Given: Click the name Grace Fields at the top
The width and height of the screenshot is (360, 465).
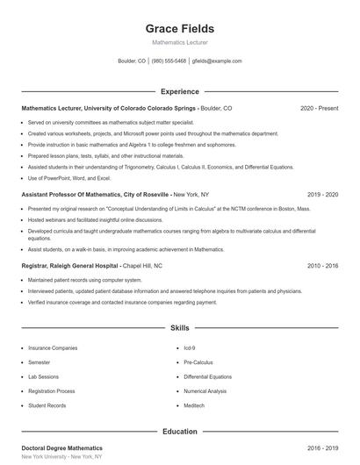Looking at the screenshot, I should (x=179, y=29).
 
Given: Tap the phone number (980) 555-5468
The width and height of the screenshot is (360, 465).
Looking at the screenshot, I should (x=169, y=61).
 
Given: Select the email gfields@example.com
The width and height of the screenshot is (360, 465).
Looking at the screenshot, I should (x=216, y=61).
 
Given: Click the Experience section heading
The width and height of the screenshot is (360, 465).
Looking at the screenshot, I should (x=179, y=91).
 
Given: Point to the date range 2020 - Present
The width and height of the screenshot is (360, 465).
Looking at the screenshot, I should (x=320, y=108).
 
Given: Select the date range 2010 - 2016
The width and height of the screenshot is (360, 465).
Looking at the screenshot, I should (x=322, y=265).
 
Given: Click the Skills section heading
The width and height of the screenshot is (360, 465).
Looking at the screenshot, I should (x=179, y=328).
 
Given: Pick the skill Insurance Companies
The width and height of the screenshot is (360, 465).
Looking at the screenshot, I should (x=53, y=348).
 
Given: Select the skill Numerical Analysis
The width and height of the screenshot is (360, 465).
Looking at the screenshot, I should (x=205, y=391).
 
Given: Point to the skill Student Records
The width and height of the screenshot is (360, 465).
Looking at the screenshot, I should (x=47, y=405).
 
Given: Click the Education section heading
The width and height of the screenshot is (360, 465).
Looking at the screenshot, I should (x=179, y=432).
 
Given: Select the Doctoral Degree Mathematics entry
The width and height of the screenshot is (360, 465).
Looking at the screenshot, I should (x=61, y=448).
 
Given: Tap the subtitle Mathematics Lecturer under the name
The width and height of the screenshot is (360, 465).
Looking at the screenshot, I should (x=179, y=42).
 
